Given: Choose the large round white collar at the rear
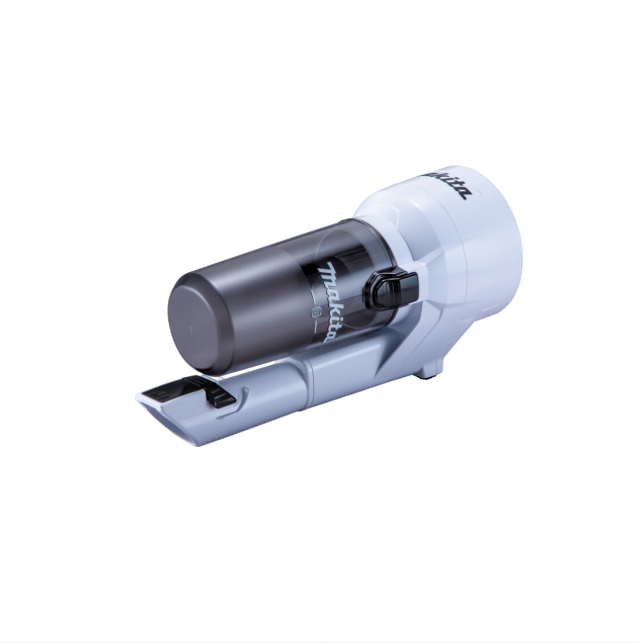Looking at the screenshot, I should click(473, 240).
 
